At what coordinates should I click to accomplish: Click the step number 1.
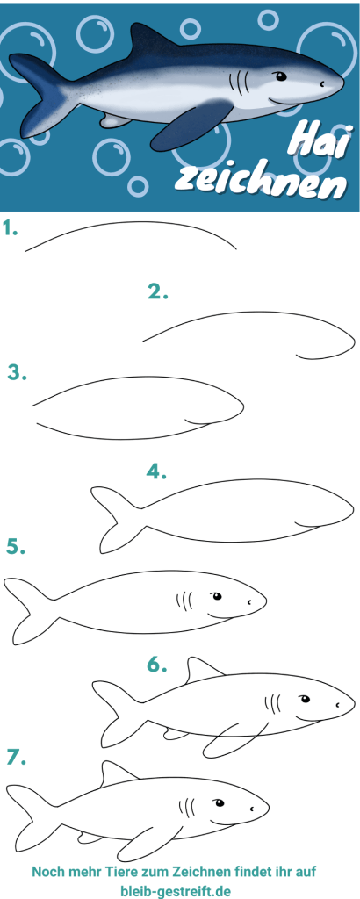(x=11, y=230)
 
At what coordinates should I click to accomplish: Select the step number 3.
(x=16, y=372)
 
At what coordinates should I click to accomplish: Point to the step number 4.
(x=157, y=471)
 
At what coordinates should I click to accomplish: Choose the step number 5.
(x=15, y=547)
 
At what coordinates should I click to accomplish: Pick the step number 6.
(x=157, y=665)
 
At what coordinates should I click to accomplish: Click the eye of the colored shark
(x=281, y=76)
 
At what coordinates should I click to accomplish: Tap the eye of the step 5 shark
(x=216, y=597)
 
